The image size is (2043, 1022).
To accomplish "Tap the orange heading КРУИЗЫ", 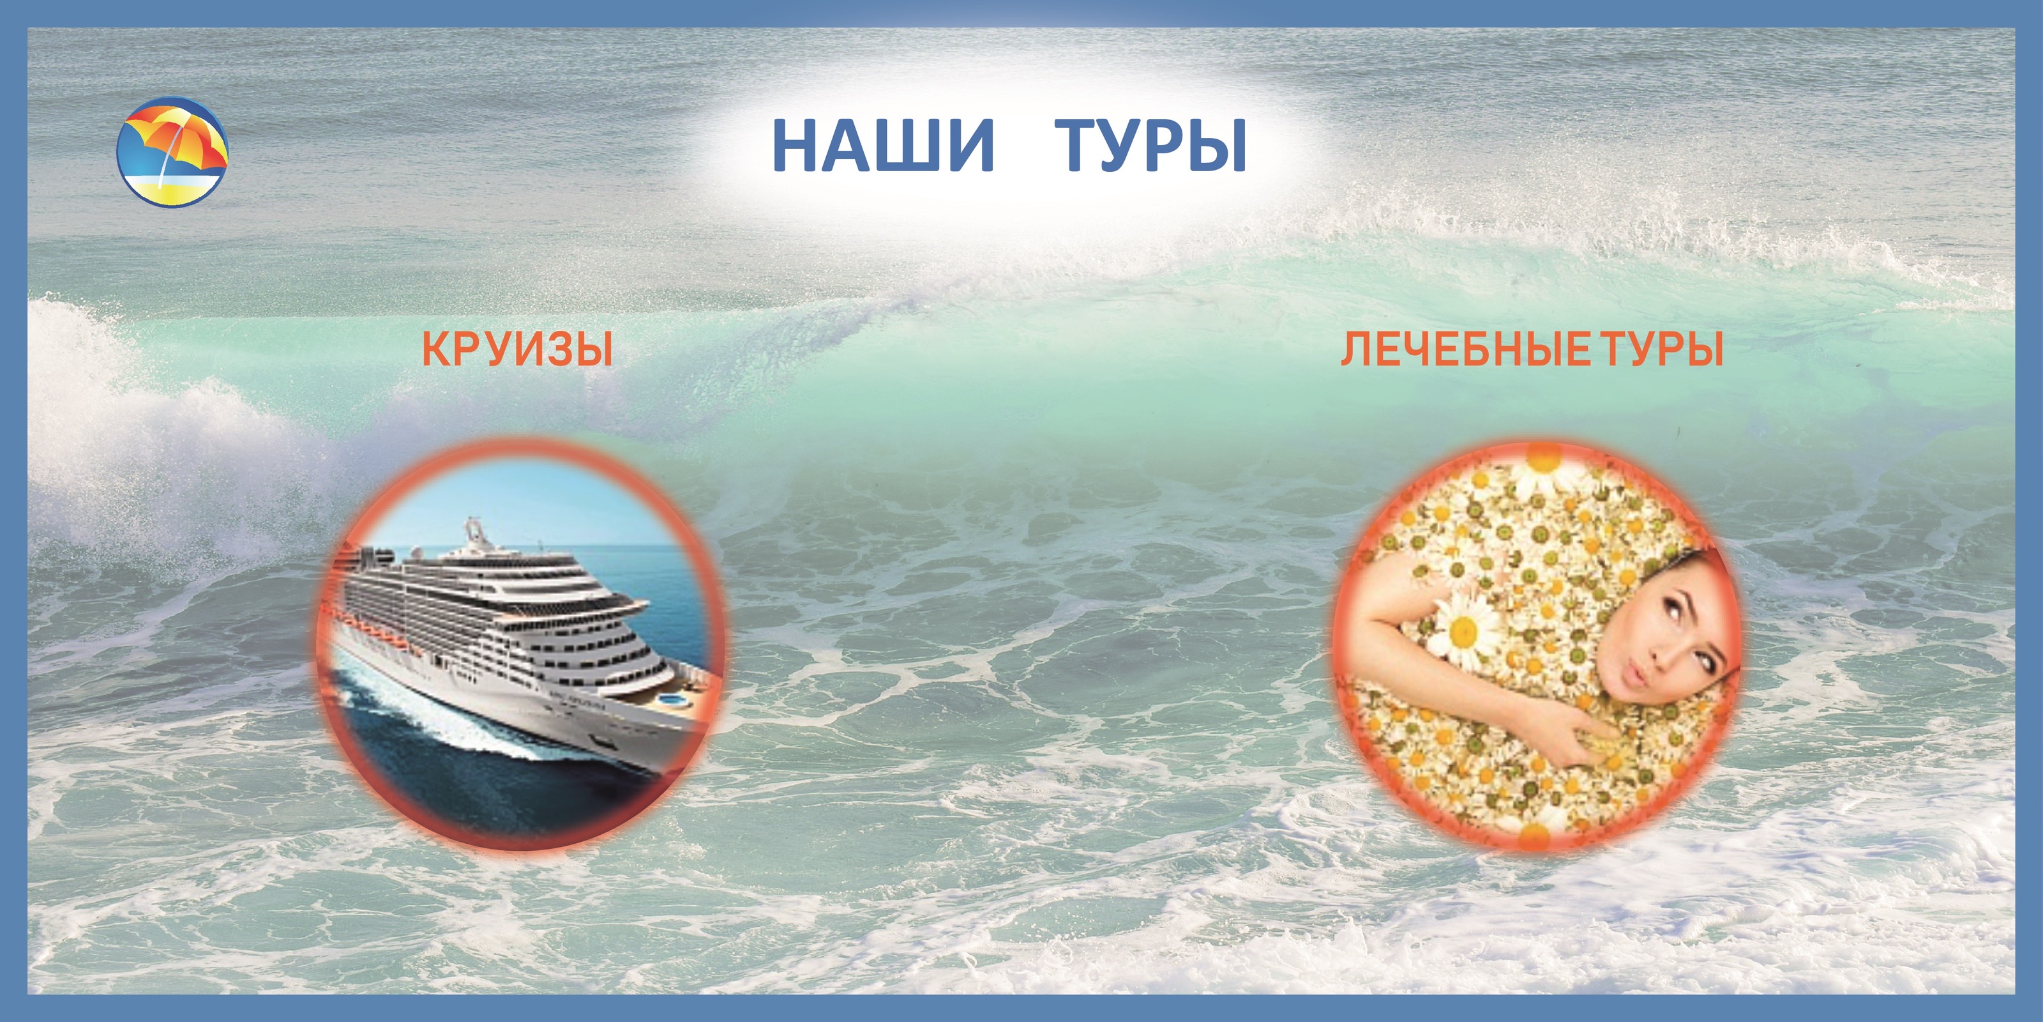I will click(x=517, y=350).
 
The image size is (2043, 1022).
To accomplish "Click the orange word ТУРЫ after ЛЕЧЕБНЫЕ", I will click(x=1661, y=350).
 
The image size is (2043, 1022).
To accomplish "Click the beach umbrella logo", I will click(x=172, y=151).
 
